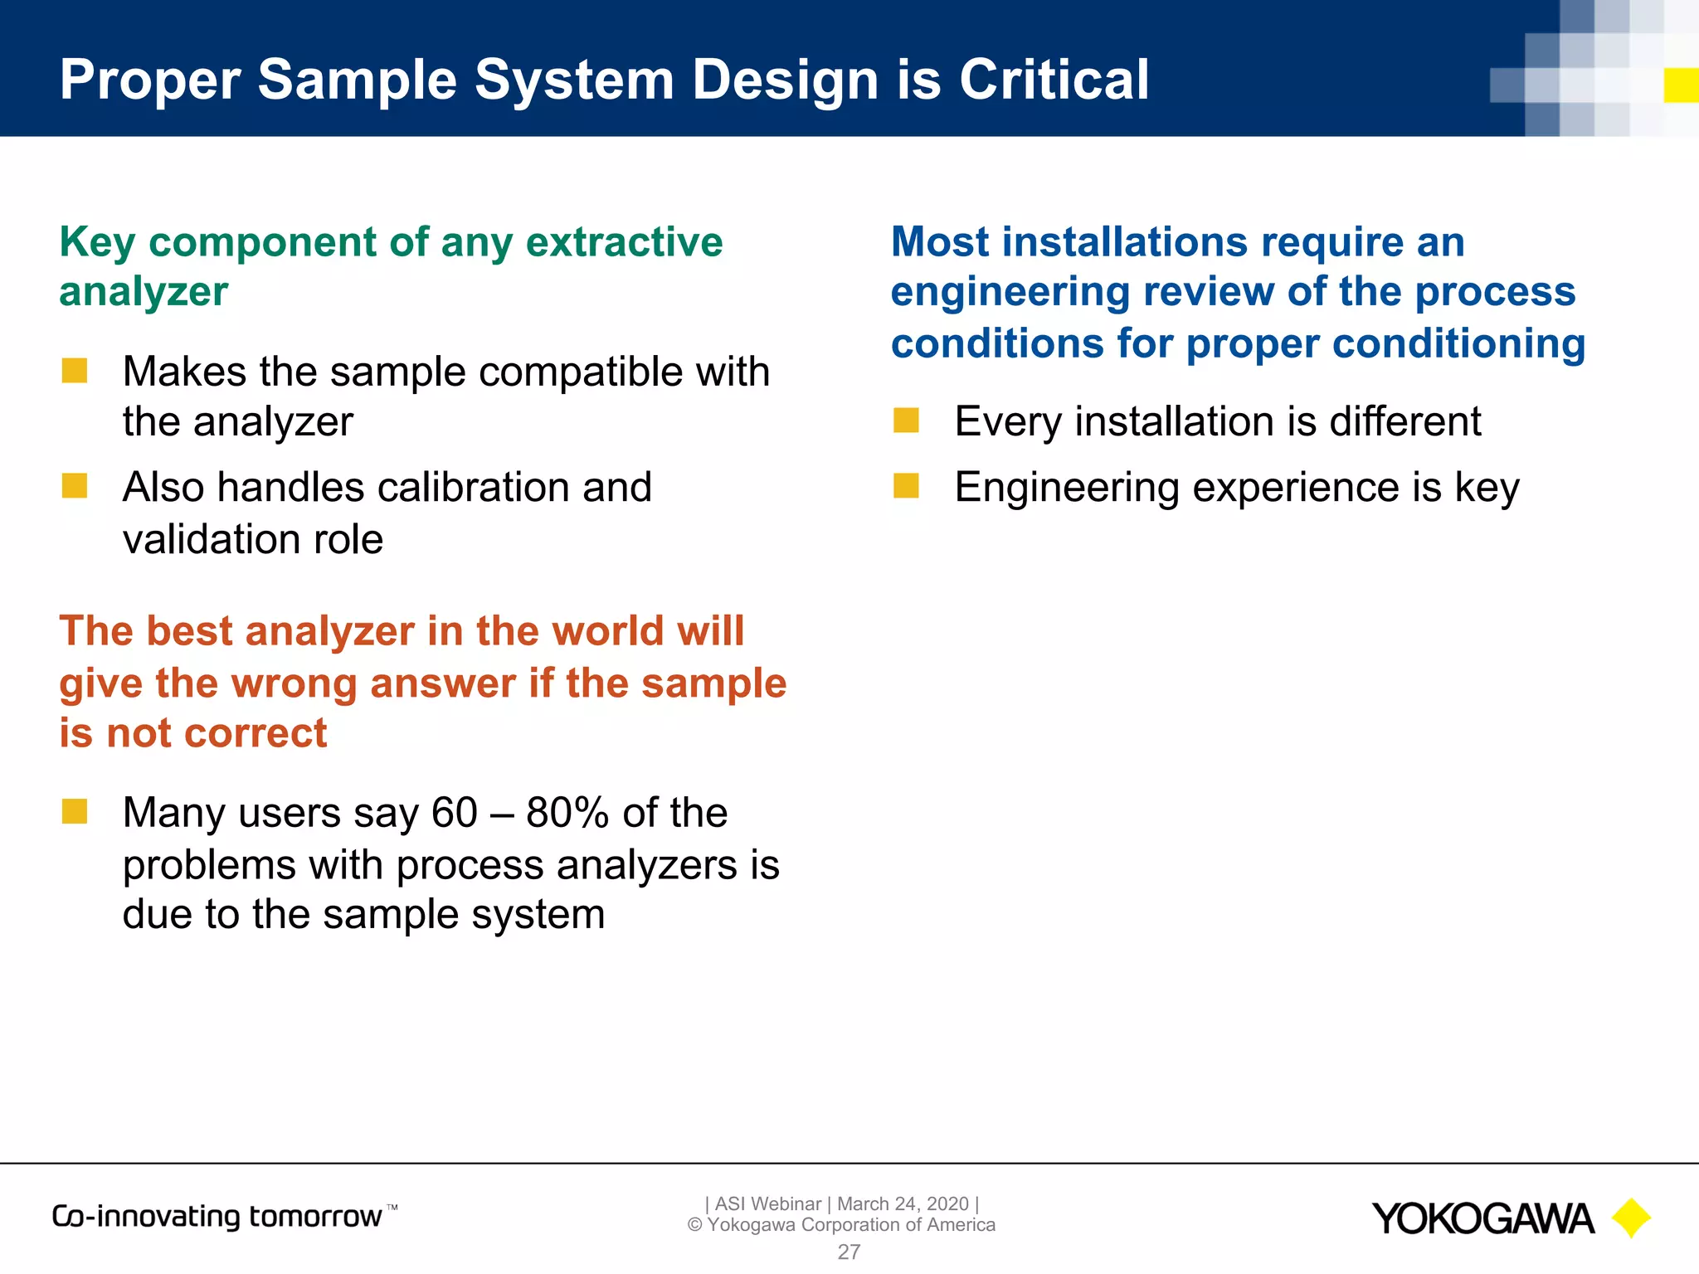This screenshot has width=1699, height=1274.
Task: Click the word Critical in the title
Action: [1054, 80]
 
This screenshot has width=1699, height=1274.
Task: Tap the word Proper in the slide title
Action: [150, 81]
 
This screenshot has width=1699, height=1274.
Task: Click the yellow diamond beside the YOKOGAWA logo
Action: [1631, 1218]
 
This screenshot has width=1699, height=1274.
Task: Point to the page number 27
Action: [849, 1252]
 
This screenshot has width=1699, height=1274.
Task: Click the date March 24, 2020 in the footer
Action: [903, 1203]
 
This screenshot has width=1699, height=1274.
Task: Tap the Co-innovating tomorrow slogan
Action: [217, 1216]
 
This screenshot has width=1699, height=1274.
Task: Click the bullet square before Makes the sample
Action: [75, 371]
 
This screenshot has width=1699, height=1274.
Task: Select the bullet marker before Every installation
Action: [906, 421]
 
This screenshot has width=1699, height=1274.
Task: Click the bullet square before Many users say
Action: [75, 811]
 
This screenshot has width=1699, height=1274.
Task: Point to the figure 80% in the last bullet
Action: [567, 813]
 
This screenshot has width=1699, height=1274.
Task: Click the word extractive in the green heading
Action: [624, 242]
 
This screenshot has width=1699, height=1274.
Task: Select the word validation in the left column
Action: [212, 539]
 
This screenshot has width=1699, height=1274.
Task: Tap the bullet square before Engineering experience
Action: [906, 486]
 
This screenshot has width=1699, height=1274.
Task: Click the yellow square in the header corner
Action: [1681, 85]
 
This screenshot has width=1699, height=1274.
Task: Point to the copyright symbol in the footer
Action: [695, 1225]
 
